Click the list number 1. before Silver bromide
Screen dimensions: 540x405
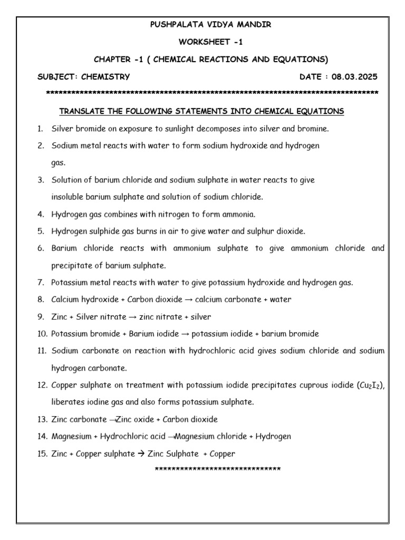pyautogui.click(x=40, y=128)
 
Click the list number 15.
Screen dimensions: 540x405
pyautogui.click(x=42, y=454)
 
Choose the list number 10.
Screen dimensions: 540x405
pyautogui.click(x=42, y=334)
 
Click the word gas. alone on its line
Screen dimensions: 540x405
pyautogui.click(x=58, y=163)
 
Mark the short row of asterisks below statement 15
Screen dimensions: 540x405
pyautogui.click(x=217, y=469)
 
